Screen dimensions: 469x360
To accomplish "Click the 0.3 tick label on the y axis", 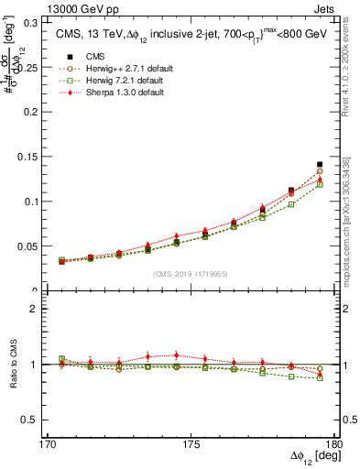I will (42, 22).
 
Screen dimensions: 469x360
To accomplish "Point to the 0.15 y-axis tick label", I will (39, 157).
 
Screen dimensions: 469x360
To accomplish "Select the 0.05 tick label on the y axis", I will (39, 246).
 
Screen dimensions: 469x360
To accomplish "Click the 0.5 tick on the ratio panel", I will (42, 420).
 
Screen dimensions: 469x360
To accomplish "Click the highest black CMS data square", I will (320, 165).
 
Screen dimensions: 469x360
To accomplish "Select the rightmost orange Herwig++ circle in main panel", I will (320, 171).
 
